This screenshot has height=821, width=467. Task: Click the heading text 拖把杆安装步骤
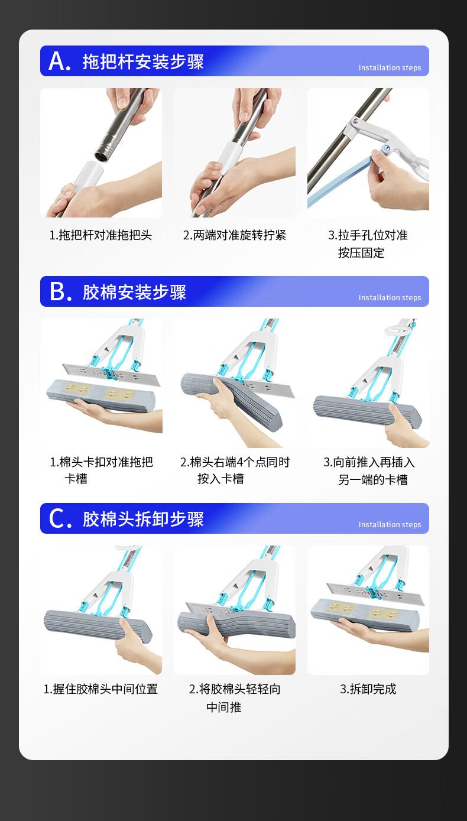143,61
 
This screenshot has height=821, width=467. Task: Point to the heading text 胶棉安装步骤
134,292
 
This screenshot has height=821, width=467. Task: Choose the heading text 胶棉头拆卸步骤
143,519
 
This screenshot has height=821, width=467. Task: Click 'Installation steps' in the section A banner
390,68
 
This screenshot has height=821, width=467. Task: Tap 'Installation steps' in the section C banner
390,524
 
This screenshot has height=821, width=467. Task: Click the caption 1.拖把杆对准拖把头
101,235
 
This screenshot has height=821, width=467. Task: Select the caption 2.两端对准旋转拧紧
235,235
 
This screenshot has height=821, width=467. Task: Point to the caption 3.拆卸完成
368,689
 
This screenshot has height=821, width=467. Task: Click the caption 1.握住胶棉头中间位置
101,689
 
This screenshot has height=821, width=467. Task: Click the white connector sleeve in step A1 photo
87,176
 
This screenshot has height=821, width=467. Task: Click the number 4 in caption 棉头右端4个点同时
240,462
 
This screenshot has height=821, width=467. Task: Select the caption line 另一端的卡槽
373,479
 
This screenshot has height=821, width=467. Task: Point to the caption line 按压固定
361,252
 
